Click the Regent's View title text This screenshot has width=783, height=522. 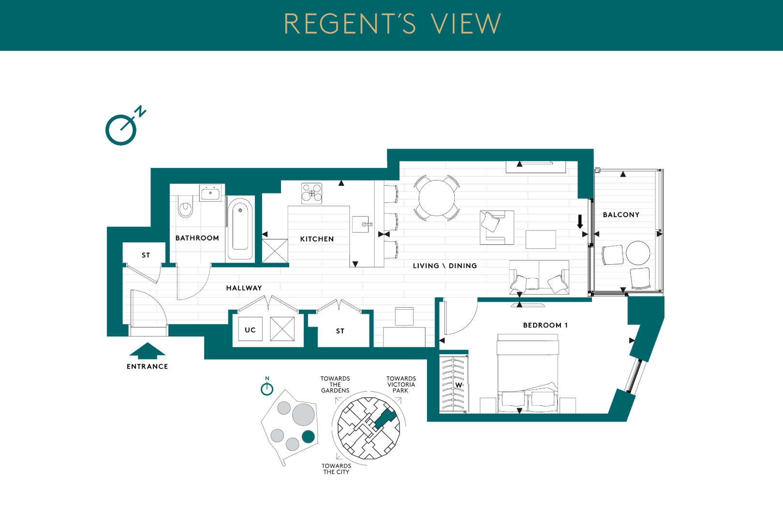coord(393,24)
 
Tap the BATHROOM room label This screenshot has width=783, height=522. coord(197,238)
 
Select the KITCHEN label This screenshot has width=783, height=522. coord(317,239)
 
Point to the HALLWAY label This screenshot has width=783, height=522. coord(244,288)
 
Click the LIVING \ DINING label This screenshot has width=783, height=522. coord(445,266)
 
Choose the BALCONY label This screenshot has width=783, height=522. coord(621,215)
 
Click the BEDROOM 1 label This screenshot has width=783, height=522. coord(546,325)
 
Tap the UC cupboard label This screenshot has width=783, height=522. coord(251,330)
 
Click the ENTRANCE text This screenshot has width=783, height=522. coord(148,366)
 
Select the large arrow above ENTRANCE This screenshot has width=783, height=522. coord(147,351)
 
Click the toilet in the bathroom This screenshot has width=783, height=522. coord(185,206)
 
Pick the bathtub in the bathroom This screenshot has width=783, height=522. coord(240,229)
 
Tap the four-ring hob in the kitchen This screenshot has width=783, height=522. coord(312,193)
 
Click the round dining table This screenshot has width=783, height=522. coord(437,197)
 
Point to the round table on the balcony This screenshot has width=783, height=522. coord(638,253)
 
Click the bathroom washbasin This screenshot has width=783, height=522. coord(210,193)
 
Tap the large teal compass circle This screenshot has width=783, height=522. coord(121,130)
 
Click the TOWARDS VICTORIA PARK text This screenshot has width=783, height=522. coord(401,385)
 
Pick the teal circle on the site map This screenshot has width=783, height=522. coord(308,437)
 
